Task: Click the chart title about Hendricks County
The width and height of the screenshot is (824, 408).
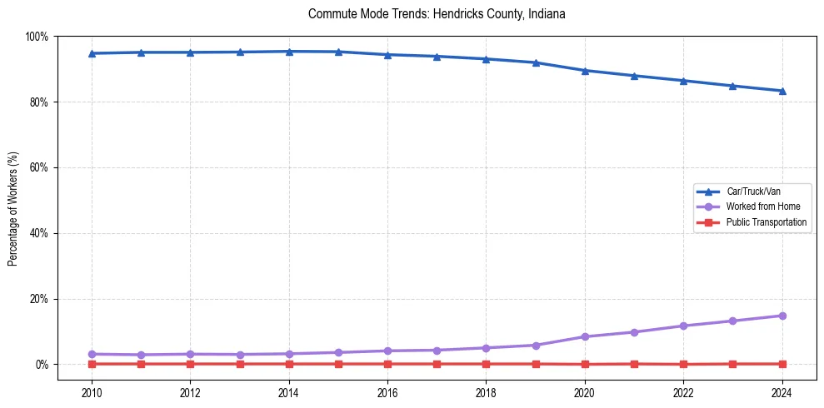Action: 437,14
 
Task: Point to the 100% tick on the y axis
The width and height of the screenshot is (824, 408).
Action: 37,37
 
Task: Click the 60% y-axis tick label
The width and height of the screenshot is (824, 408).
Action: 38,167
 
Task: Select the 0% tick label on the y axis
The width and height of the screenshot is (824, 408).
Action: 41,365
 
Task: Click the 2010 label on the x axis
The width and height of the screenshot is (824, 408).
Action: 92,392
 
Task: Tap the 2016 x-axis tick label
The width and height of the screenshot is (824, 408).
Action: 387,392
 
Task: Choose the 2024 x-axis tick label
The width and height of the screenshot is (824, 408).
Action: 782,392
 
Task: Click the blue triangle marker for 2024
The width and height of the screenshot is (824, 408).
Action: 782,91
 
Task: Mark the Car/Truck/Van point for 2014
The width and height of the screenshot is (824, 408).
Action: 289,52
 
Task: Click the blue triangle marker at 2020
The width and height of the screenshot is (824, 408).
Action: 585,71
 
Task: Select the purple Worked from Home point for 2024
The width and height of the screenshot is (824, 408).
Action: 782,316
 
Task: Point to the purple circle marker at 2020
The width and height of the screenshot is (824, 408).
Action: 585,336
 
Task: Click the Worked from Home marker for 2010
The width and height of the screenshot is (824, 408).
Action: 92,354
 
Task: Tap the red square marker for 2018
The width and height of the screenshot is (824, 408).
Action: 487,364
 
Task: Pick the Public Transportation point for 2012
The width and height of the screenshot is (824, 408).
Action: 190,364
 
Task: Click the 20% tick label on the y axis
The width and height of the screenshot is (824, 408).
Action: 38,299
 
